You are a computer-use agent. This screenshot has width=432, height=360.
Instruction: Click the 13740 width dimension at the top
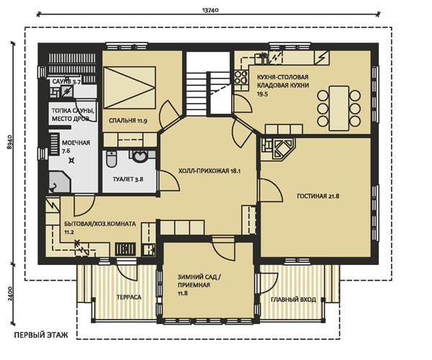[210, 11]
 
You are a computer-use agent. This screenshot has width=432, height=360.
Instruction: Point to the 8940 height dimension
[9, 142]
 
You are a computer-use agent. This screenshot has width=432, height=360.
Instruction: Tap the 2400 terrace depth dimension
[9, 294]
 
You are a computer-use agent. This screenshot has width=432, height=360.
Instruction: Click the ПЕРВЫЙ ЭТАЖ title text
[41, 335]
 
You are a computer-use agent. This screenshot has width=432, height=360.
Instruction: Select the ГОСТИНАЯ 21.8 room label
[318, 196]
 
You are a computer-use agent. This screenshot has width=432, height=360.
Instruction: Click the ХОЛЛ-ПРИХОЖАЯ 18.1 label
[210, 171]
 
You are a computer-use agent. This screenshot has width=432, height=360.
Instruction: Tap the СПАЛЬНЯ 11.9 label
[127, 120]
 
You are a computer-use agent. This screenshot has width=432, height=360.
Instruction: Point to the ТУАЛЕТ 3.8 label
[128, 179]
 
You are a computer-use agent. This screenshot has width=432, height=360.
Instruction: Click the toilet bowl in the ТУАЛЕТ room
[111, 159]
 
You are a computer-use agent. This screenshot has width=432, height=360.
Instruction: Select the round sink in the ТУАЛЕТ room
[140, 156]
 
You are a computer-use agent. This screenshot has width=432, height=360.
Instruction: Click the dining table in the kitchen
[339, 108]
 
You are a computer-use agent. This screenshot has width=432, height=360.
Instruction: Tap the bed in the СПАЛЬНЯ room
[130, 88]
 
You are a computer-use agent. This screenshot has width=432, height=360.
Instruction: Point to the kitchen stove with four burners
[240, 77]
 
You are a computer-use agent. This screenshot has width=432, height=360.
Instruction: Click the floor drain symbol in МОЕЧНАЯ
[71, 161]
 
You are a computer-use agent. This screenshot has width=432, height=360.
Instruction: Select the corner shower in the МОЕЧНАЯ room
[60, 181]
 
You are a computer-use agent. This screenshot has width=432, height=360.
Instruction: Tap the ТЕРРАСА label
[129, 297]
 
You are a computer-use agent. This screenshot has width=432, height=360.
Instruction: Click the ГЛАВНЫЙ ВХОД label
[293, 300]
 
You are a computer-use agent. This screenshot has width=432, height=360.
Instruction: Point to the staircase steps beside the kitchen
[197, 94]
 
